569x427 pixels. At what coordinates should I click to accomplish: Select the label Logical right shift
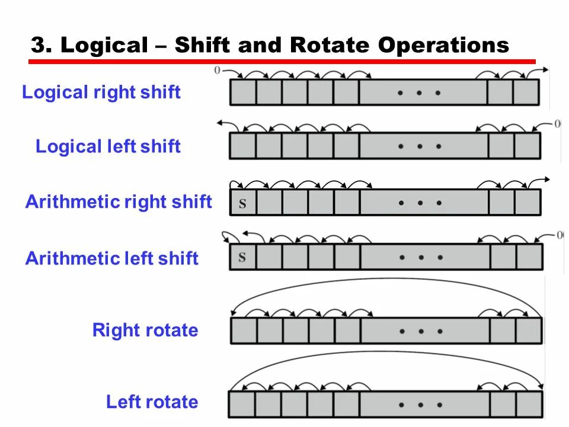pyautogui.click(x=101, y=93)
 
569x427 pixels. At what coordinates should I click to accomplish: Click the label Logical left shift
pyautogui.click(x=108, y=146)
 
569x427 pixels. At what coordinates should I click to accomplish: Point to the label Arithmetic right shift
pyautogui.click(x=119, y=202)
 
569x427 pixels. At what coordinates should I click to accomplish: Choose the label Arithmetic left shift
pyautogui.click(x=111, y=259)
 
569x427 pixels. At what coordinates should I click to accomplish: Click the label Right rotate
pyautogui.click(x=145, y=330)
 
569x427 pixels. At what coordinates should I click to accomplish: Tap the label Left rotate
pyautogui.click(x=152, y=402)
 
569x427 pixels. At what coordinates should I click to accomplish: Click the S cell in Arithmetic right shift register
pyautogui.click(x=243, y=202)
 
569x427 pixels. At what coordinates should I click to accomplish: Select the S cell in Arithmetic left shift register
pyautogui.click(x=242, y=257)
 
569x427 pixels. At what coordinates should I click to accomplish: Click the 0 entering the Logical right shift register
pyautogui.click(x=217, y=71)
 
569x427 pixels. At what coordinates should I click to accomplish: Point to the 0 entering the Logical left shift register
pyautogui.click(x=557, y=124)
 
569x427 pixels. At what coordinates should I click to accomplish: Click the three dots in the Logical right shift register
pyautogui.click(x=420, y=93)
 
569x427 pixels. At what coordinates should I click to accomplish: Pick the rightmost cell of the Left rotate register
pyautogui.click(x=529, y=404)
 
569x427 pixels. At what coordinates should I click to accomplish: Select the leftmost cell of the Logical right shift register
pyautogui.click(x=243, y=93)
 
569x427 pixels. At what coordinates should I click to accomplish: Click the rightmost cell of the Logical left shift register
pyautogui.click(x=527, y=146)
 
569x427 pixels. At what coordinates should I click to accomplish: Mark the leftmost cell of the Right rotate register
pyautogui.click(x=244, y=331)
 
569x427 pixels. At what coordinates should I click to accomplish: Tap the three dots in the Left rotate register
pyautogui.click(x=421, y=404)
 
